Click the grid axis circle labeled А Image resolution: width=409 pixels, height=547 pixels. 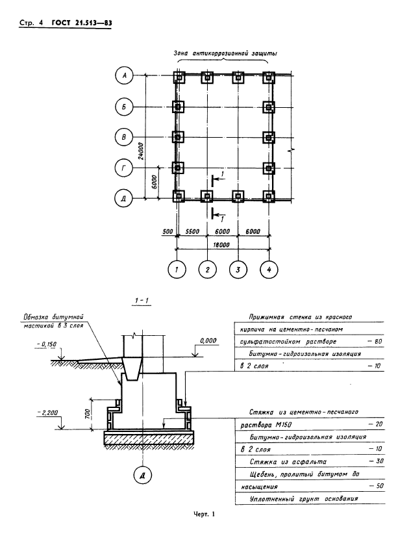coord(124,77)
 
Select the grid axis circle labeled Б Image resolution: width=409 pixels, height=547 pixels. coord(124,106)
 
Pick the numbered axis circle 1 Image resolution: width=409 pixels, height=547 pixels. coord(176,268)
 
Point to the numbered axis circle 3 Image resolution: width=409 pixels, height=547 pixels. coord(238,268)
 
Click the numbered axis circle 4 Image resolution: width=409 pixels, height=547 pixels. coord(269,268)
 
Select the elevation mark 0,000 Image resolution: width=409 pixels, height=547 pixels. coord(208,340)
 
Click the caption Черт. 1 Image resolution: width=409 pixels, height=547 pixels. coord(204,515)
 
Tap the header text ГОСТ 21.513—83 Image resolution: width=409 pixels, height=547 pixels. coord(79,23)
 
